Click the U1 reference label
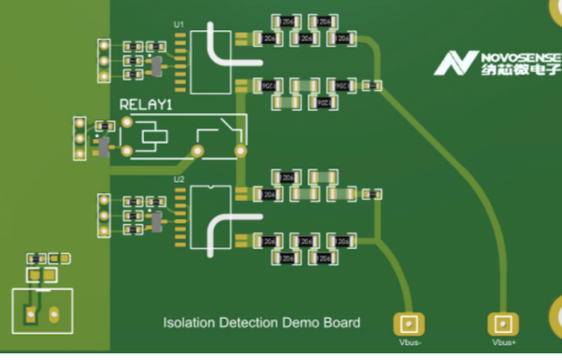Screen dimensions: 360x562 (180, 23)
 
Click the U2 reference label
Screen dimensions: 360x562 (180, 179)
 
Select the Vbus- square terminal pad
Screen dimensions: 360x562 (407, 323)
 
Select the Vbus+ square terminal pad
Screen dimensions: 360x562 (502, 323)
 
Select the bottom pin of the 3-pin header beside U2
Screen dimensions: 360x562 (104, 231)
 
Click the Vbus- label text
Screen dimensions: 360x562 (409, 342)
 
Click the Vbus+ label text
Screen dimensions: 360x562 (503, 342)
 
